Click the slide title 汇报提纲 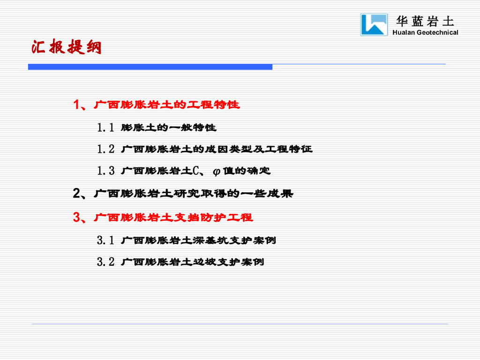point(66,47)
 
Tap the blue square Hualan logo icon point(374,24)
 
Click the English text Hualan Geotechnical point(425,32)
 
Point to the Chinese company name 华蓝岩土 point(425,21)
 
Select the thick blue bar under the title point(150,67)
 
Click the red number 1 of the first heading point(76,105)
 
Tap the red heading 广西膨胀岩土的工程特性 point(167,105)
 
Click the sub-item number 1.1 point(105,127)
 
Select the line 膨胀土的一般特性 point(169,127)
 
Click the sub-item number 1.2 point(105,149)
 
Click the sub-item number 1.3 point(105,171)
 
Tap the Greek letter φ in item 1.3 point(217,172)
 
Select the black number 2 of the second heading point(76,194)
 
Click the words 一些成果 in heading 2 point(267,194)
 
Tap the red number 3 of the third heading point(76,217)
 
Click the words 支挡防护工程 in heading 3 point(214,217)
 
